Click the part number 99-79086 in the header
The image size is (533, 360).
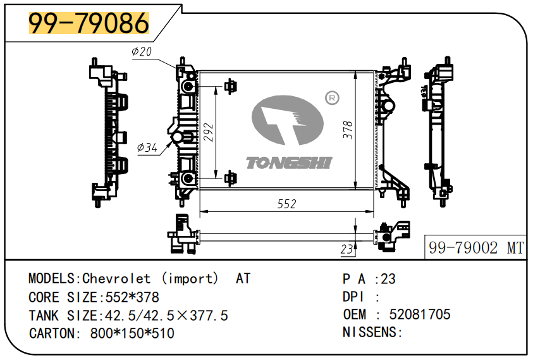coord(89,23)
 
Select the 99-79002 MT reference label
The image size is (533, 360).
coord(476,248)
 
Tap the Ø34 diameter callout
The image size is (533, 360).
coord(147,148)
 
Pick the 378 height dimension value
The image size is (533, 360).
coord(347,130)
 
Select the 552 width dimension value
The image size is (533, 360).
coord(286,204)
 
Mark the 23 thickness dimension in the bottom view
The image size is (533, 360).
coord(346,250)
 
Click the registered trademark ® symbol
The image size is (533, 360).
coord(331,97)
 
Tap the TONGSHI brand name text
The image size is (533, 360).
coord(288,164)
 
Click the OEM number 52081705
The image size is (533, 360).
coord(420,314)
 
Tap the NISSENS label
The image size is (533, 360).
coord(372,332)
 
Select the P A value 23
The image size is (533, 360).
coord(388,278)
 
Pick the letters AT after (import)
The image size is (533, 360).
coord(243,278)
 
